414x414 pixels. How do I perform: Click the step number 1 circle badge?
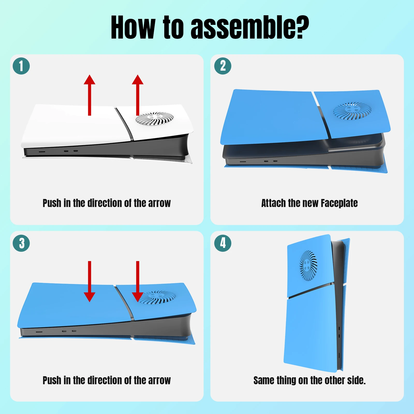tap(21, 66)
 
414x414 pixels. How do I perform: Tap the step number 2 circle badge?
tap(223, 66)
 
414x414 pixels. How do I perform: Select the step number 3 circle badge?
tap(21, 243)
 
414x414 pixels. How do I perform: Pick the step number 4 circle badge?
tap(223, 243)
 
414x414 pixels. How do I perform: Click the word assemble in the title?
tap(250, 27)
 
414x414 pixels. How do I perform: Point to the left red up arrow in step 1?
tap(90, 95)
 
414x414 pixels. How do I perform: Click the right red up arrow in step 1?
tap(138, 95)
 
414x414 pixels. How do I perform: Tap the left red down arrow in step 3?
tap(90, 282)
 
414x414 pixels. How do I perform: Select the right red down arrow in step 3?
tap(138, 282)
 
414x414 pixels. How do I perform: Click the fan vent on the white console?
tap(155, 119)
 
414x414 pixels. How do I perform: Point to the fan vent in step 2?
tap(352, 111)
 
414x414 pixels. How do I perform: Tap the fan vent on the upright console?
tap(308, 266)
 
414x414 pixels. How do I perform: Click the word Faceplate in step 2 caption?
tap(339, 203)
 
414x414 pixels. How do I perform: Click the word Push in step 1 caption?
tap(52, 203)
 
